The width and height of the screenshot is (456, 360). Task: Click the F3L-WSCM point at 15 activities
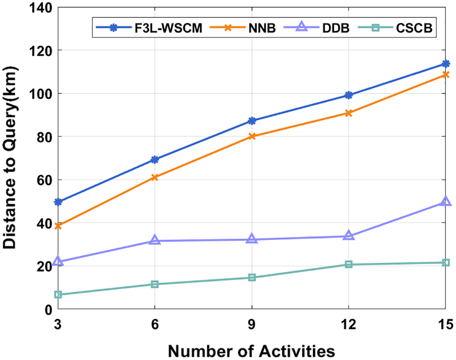click(445, 64)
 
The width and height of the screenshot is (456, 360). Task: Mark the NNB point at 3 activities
click(58, 226)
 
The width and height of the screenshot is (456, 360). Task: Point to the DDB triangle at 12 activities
click(349, 236)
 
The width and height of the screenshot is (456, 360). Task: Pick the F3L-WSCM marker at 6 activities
click(155, 159)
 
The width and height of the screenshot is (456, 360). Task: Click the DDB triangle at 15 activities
click(445, 202)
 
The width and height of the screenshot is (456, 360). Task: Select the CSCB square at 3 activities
click(58, 295)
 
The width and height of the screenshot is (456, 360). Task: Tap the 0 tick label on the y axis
click(47, 310)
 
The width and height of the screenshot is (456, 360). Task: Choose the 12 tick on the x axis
click(349, 323)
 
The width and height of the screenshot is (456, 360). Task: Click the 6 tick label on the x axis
click(155, 323)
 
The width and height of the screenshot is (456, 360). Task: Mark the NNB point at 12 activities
click(349, 113)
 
